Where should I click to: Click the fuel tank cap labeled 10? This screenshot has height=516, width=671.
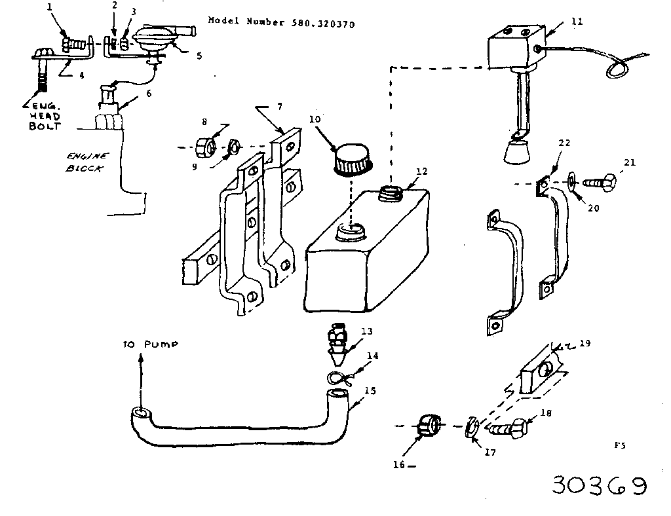click(x=352, y=160)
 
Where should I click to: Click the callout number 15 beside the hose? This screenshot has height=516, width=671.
click(x=370, y=391)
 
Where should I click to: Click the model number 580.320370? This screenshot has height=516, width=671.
click(x=322, y=24)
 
